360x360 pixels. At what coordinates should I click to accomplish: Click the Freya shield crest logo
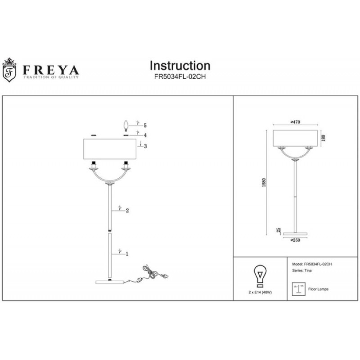click(9, 70)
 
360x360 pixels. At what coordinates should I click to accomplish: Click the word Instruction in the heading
click(180, 66)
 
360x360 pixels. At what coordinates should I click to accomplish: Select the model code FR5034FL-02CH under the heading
click(180, 77)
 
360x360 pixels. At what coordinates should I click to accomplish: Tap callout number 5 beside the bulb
click(145, 126)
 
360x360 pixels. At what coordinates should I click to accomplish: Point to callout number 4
click(145, 135)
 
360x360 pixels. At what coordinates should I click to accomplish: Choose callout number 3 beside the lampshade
click(145, 146)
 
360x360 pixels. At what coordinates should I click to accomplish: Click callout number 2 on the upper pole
click(127, 211)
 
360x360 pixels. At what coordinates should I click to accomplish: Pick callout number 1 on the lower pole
click(127, 254)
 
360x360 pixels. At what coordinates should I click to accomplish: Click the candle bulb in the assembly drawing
click(126, 126)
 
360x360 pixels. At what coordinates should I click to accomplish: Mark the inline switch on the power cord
click(139, 280)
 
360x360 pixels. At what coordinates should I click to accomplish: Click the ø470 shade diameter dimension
click(295, 122)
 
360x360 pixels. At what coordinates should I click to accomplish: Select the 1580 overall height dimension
click(264, 183)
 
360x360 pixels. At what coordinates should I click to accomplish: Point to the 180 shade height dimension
click(323, 138)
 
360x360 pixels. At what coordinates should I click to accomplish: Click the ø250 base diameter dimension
click(295, 240)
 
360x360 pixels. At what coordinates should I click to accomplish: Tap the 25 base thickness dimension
click(279, 230)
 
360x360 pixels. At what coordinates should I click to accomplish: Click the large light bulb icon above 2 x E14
click(260, 276)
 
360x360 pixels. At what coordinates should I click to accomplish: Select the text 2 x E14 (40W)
click(260, 292)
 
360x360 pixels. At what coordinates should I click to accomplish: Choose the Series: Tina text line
click(301, 271)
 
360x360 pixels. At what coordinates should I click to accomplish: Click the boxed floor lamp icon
click(298, 289)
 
